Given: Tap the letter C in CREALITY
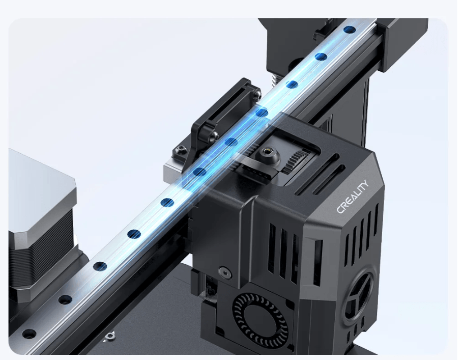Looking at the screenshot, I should pyautogui.click(x=339, y=209).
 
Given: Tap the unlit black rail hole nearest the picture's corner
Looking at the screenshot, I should pyautogui.click(x=29, y=334).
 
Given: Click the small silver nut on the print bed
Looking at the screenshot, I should pyautogui.click(x=108, y=336).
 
